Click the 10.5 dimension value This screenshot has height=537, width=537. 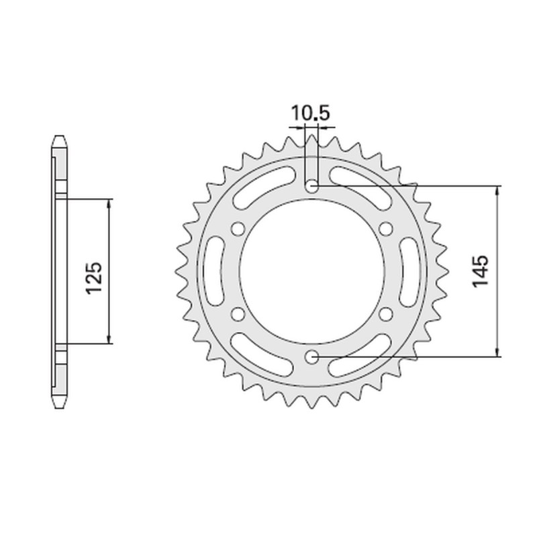tap(310, 113)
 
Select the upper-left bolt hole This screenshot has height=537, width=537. tap(236, 229)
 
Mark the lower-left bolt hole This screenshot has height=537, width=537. tap(236, 314)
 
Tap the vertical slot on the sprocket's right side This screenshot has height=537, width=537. tap(407, 271)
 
